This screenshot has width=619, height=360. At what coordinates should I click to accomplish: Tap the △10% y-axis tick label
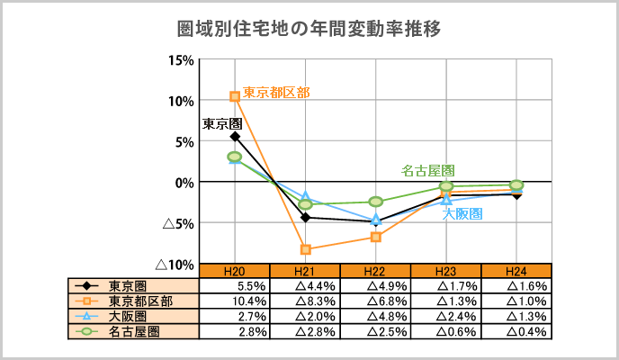174,265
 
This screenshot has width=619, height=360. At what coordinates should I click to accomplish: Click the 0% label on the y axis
184,183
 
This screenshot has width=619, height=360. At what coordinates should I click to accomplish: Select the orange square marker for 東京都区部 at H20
235,96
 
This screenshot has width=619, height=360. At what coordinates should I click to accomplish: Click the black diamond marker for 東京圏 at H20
235,137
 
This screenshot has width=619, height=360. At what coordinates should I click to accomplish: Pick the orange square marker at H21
305,249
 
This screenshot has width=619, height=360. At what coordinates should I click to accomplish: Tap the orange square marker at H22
376,237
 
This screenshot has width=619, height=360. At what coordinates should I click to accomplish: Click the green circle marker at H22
376,202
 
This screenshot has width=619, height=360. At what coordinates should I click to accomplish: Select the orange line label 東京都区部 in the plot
277,92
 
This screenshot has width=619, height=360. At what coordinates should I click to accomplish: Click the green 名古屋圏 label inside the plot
427,170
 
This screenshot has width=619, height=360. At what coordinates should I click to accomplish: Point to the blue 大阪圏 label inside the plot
462,213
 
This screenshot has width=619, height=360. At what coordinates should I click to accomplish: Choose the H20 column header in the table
234,271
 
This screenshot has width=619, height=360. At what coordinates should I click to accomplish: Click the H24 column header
516,271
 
